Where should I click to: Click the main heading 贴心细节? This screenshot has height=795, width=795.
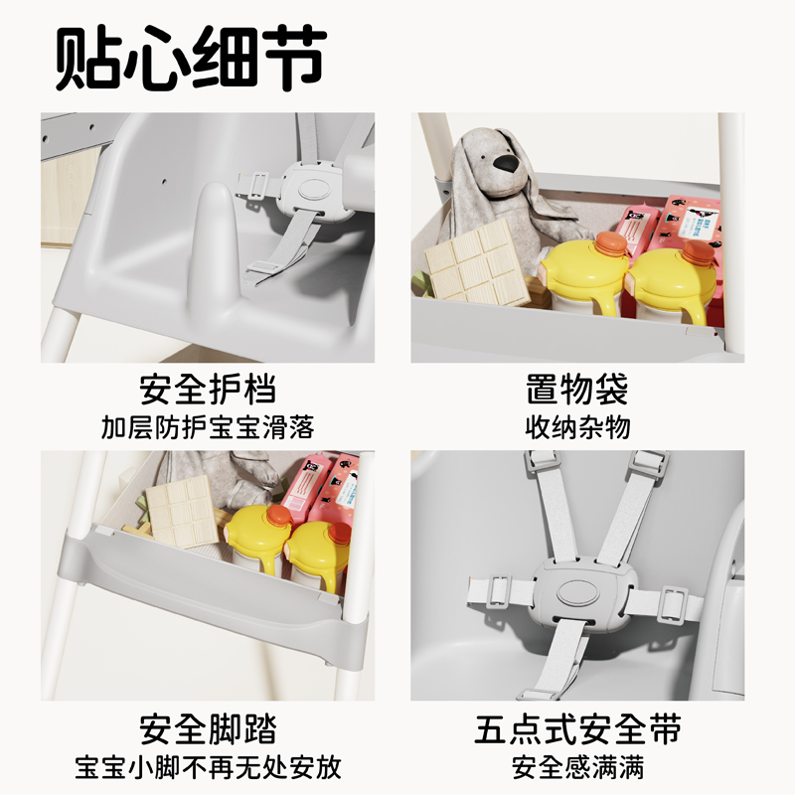click(191, 59)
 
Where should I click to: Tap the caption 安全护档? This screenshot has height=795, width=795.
click(208, 390)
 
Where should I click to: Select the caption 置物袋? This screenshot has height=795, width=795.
click(577, 390)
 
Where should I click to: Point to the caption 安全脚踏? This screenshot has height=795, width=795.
click(208, 728)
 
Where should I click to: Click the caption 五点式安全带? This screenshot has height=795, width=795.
click(577, 728)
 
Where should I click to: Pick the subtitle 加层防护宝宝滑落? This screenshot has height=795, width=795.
click(208, 427)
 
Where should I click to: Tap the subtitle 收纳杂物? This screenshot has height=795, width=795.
click(577, 427)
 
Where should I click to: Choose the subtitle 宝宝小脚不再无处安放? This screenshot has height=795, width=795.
click(208, 767)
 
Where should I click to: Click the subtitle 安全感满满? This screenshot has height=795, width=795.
click(577, 767)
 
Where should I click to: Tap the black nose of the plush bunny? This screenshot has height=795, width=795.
click(508, 163)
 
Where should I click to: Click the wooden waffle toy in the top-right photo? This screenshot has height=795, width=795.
click(477, 262)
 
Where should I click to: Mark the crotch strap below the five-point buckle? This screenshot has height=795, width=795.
click(559, 658)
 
